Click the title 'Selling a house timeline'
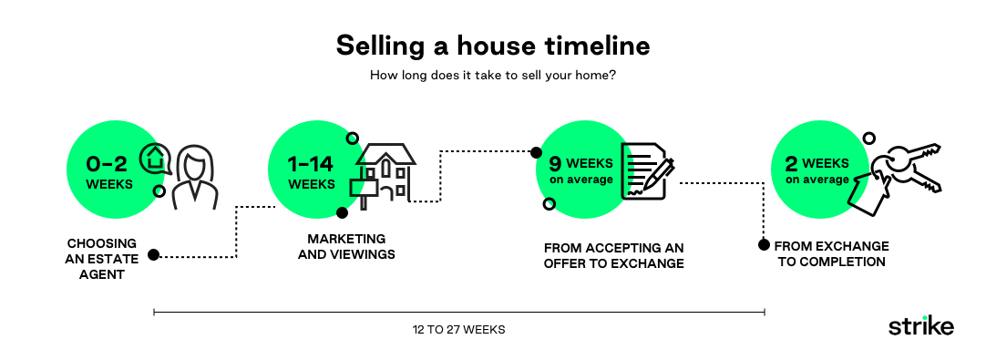[x=493, y=45]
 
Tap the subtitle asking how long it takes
[x=493, y=76]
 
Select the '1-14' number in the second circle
[x=311, y=164]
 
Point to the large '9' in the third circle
[x=555, y=165]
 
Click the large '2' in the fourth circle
[x=792, y=164]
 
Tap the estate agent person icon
[x=194, y=177]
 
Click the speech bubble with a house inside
[x=156, y=159]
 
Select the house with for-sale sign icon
[x=383, y=172]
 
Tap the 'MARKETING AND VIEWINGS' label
[x=346, y=247]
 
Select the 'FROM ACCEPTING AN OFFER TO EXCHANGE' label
[x=613, y=255]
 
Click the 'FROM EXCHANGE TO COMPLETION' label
[x=830, y=254]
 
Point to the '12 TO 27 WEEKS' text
[x=458, y=330]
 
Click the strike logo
[x=920, y=326]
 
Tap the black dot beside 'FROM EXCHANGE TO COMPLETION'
[x=764, y=245]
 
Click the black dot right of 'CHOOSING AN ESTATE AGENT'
[x=154, y=255]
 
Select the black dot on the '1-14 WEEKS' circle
[x=343, y=213]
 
